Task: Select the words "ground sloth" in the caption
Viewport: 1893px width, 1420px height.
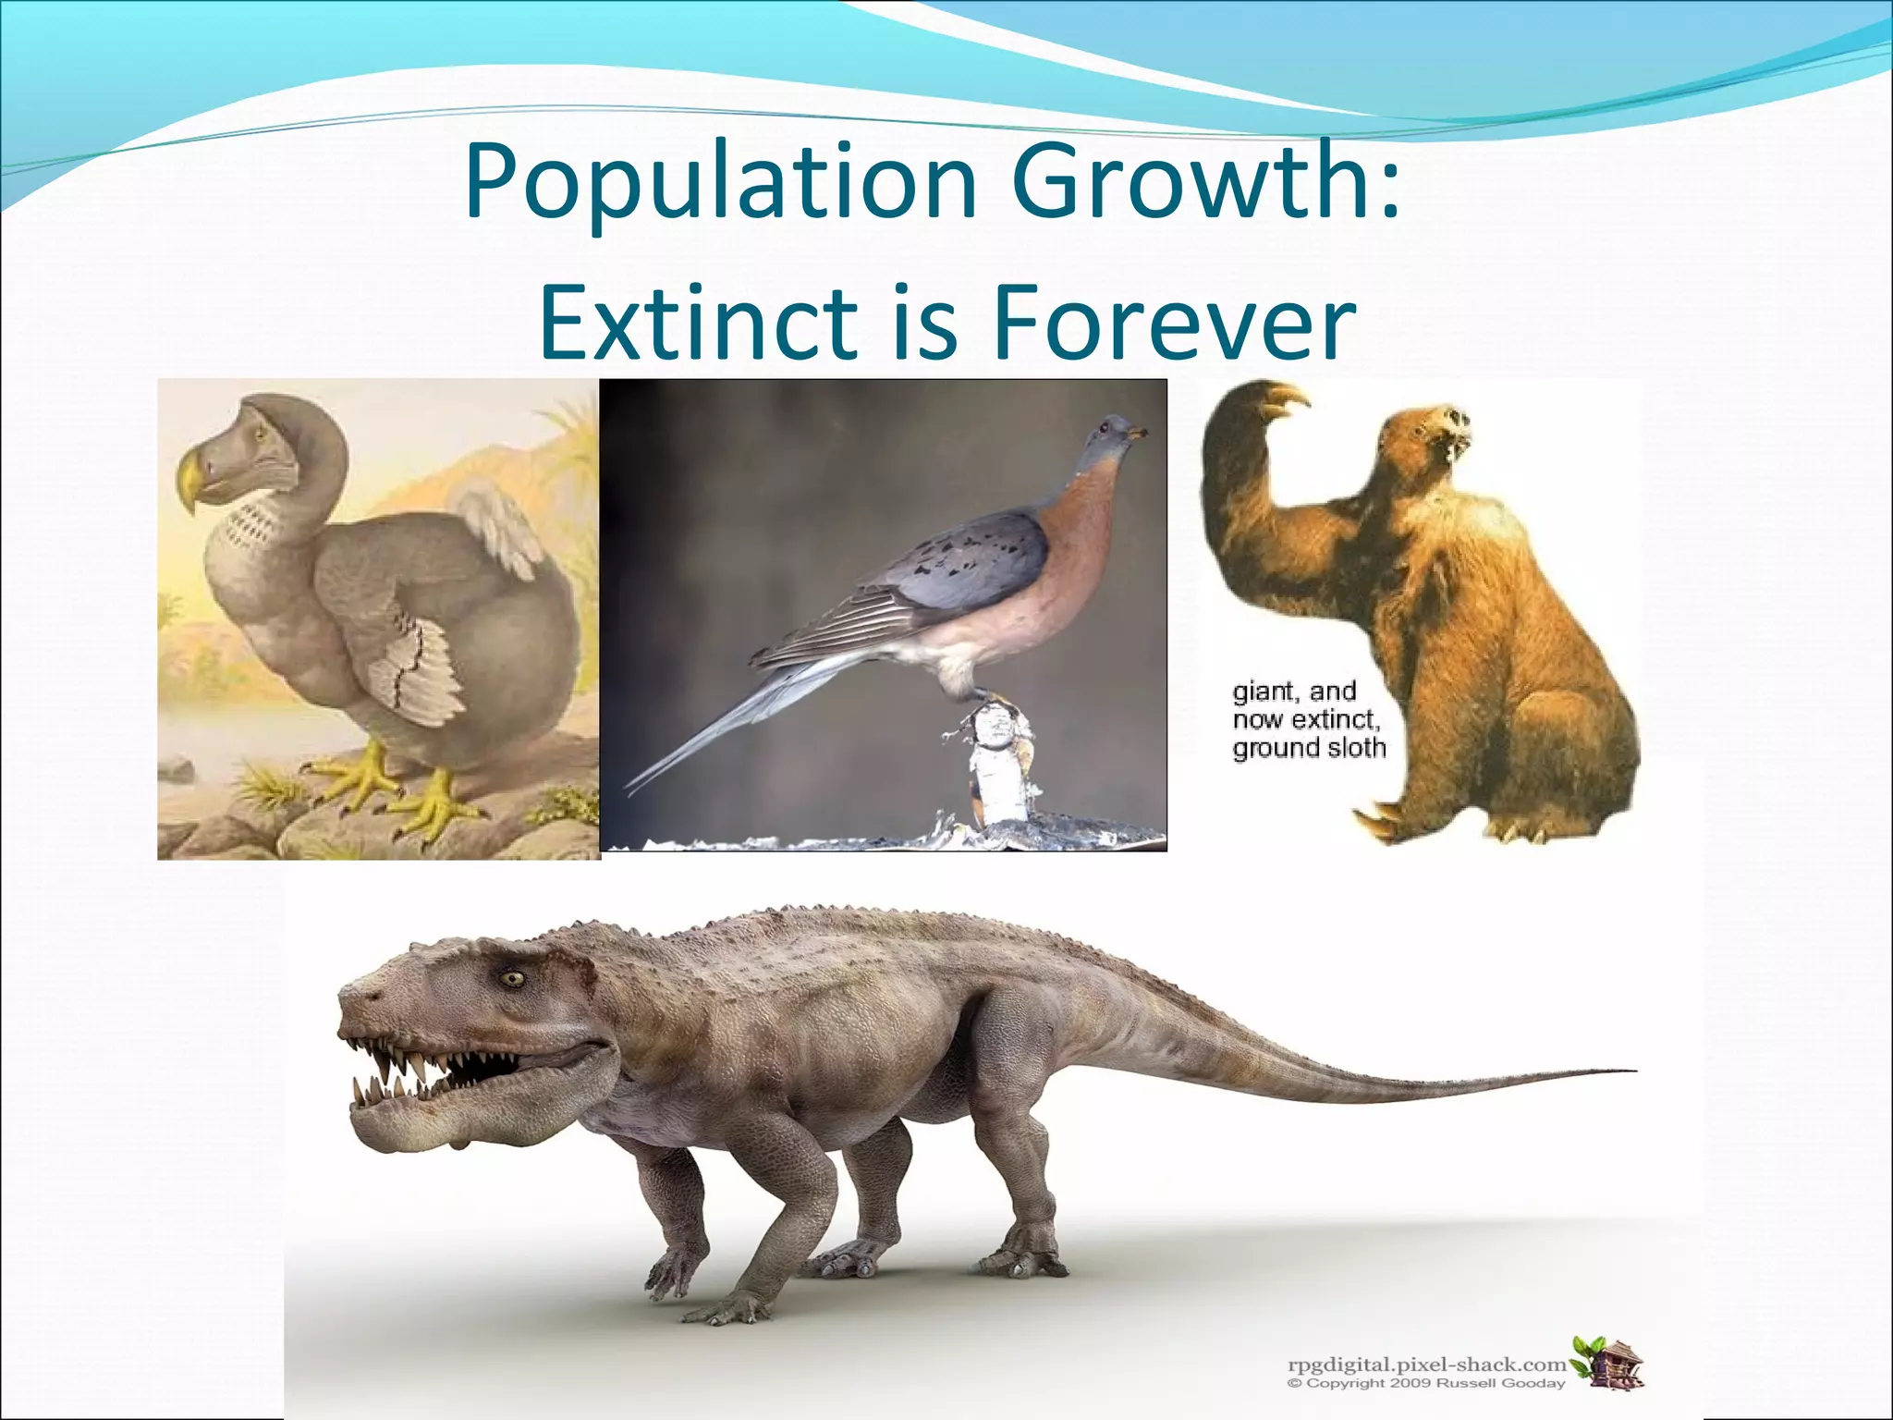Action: (x=1309, y=747)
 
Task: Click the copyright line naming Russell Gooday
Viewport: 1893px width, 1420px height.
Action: (x=1427, y=1384)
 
